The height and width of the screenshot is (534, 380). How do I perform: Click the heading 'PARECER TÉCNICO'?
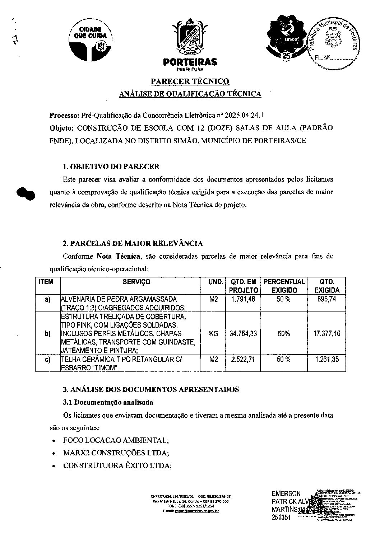pos(190,81)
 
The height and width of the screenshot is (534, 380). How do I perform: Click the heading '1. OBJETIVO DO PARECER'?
pos(111,167)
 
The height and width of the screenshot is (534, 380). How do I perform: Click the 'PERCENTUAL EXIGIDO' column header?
pos(284,286)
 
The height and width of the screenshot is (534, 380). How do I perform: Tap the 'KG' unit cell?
pos(213,333)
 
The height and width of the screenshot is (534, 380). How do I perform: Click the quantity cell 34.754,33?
pos(244,333)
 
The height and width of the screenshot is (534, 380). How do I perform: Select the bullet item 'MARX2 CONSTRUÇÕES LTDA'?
pos(115,453)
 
